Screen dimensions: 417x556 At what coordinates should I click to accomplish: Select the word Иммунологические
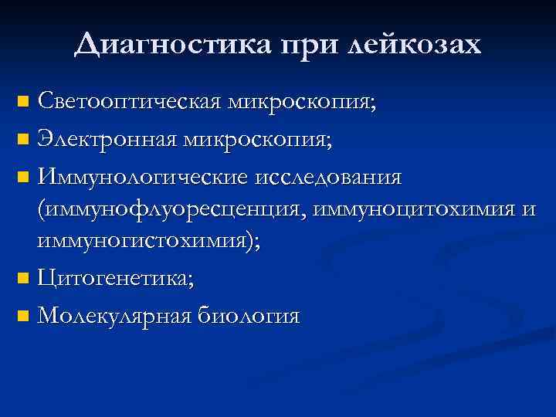142,178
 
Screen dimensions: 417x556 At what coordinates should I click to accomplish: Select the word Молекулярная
115,316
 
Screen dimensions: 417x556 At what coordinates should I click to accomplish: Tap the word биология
249,316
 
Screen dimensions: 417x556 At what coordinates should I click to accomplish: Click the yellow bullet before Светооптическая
24,101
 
